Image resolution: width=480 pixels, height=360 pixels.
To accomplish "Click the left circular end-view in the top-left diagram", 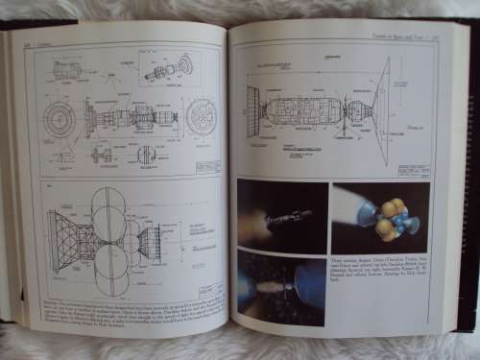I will point(60,119).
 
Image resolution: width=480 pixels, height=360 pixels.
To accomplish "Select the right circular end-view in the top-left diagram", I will point(202,116).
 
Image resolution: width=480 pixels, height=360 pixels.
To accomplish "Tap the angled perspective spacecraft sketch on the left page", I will point(168,68).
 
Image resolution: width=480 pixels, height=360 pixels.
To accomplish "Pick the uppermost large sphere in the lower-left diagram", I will point(109,203).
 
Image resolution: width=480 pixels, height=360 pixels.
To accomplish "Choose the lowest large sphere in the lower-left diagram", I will point(112,282).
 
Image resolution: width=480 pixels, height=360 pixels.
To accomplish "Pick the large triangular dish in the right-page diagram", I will point(382,109).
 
